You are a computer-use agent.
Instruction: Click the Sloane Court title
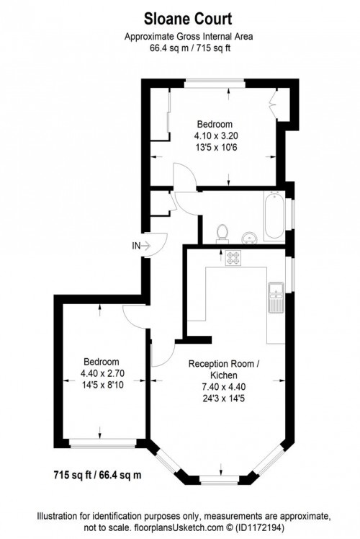(180, 18)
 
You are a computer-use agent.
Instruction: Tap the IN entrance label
(136, 246)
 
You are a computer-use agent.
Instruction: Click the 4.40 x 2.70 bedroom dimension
(101, 373)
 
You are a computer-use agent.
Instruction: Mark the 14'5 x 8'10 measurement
(101, 384)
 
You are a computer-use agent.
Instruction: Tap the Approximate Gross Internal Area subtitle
(179, 37)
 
